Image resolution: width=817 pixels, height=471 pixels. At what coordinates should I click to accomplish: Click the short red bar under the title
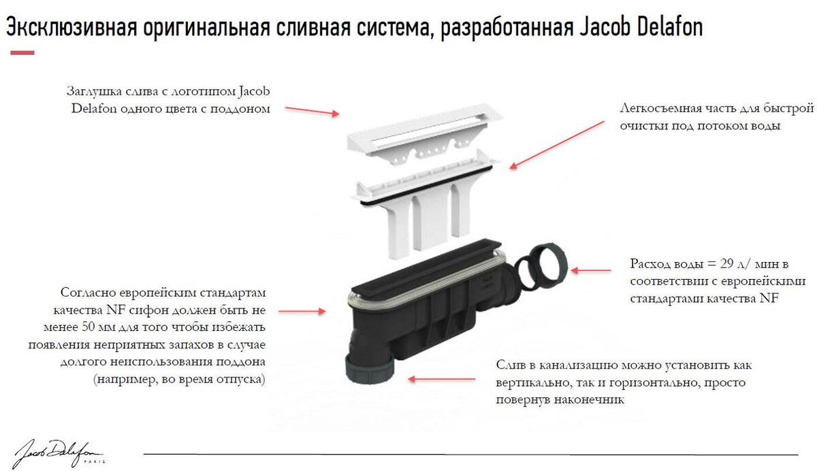(x=22, y=52)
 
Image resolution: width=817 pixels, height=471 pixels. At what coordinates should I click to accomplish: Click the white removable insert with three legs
(x=422, y=204)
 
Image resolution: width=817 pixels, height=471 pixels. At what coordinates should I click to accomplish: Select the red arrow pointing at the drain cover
(x=311, y=111)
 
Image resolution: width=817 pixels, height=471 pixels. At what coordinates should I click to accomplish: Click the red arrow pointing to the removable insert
(x=557, y=144)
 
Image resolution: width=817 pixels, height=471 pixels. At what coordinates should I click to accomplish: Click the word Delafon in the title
(x=671, y=28)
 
